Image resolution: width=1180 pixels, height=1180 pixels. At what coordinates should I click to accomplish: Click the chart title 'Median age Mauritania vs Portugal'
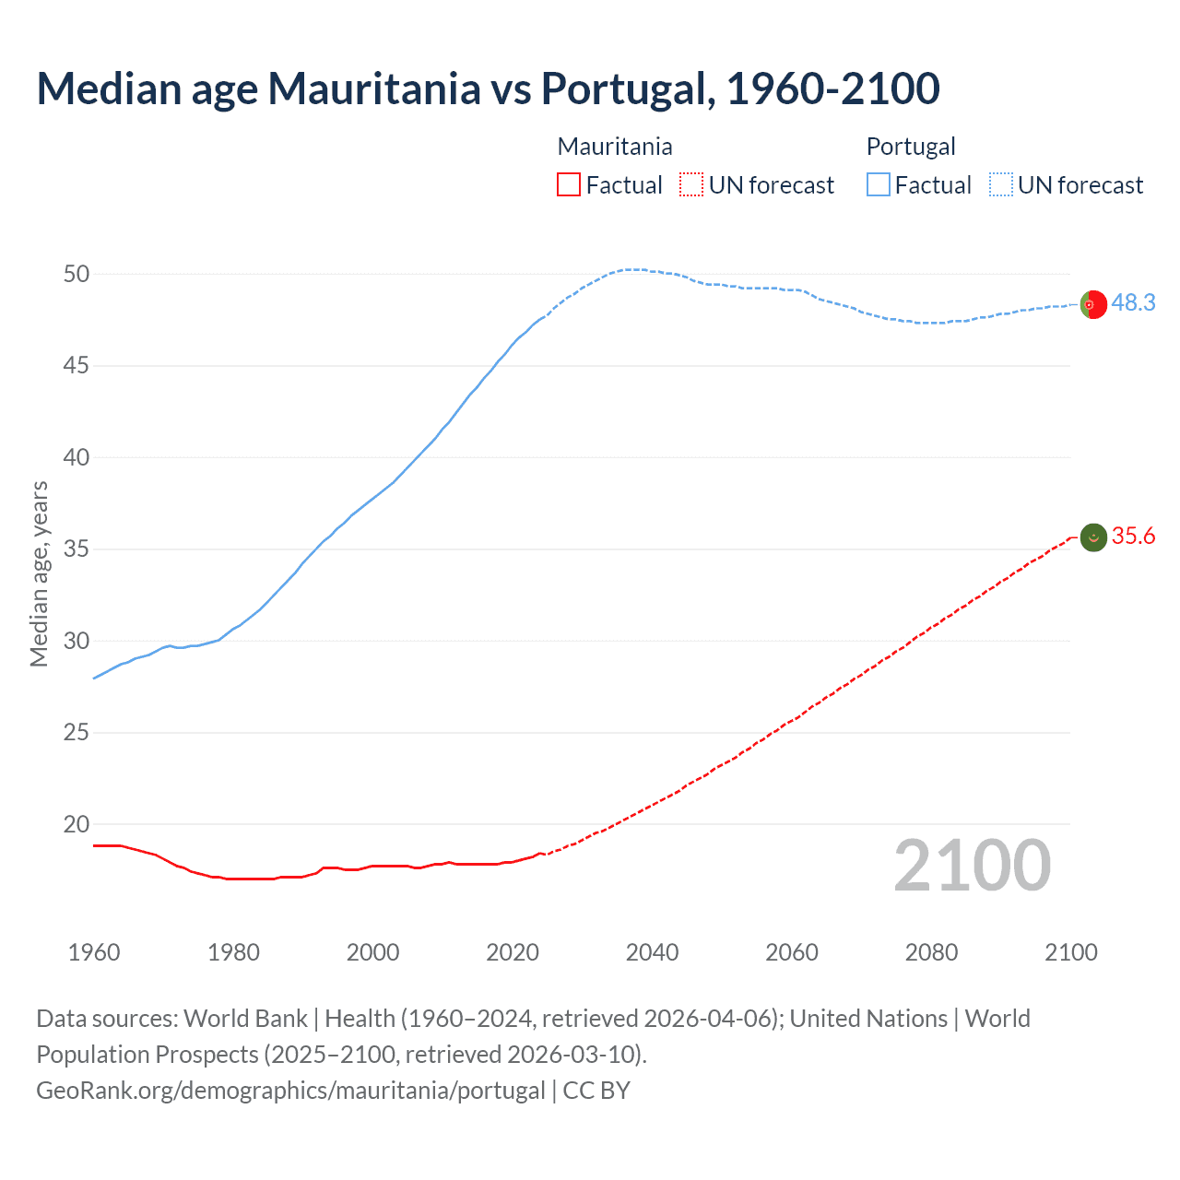click(x=488, y=88)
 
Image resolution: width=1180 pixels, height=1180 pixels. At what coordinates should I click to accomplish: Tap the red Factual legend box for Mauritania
click(x=569, y=185)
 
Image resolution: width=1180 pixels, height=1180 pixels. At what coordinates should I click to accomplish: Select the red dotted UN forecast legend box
click(x=691, y=185)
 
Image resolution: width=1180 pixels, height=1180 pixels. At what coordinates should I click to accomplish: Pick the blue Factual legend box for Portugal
click(x=879, y=185)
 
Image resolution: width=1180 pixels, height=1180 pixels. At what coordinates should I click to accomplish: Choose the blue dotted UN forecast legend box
click(x=1000, y=185)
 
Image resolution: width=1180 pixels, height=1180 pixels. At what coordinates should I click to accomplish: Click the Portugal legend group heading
click(x=910, y=147)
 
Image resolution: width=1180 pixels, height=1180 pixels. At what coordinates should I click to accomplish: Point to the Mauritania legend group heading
click(x=615, y=147)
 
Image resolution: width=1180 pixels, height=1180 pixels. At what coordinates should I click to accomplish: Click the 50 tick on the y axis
click(x=77, y=274)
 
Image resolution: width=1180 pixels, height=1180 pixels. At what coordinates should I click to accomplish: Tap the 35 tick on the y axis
click(x=77, y=549)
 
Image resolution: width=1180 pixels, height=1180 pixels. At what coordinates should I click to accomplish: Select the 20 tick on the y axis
click(x=77, y=824)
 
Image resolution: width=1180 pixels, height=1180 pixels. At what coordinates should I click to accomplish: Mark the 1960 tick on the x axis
click(x=94, y=952)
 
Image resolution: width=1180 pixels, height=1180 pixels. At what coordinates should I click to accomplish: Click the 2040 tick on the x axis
click(x=652, y=952)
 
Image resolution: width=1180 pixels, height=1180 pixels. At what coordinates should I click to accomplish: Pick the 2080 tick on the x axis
click(x=931, y=952)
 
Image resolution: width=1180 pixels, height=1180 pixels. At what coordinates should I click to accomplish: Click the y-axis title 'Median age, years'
click(x=39, y=573)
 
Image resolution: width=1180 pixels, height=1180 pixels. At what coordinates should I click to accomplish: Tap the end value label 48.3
click(x=1133, y=303)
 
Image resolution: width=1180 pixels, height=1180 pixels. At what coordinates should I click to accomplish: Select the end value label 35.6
click(x=1133, y=537)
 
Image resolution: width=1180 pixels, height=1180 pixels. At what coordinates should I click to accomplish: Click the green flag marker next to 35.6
click(x=1093, y=537)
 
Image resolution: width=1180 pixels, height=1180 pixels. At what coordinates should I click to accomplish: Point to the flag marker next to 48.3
click(x=1093, y=304)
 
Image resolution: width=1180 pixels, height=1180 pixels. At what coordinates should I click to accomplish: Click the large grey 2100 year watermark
click(x=972, y=865)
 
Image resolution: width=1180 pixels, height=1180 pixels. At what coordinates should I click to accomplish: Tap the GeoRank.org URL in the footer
click(x=290, y=1091)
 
